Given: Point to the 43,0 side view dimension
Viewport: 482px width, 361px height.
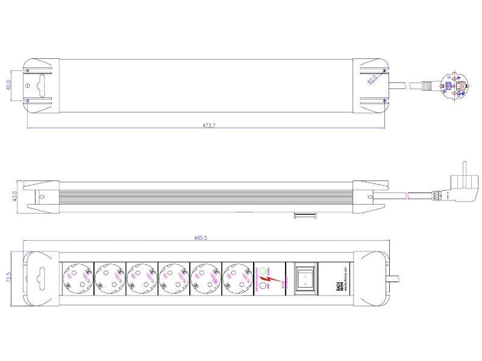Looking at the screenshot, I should tap(8, 197).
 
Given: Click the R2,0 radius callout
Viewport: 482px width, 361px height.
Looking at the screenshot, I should tap(373, 79).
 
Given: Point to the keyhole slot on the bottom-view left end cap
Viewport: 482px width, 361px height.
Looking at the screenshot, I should tap(41, 278).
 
